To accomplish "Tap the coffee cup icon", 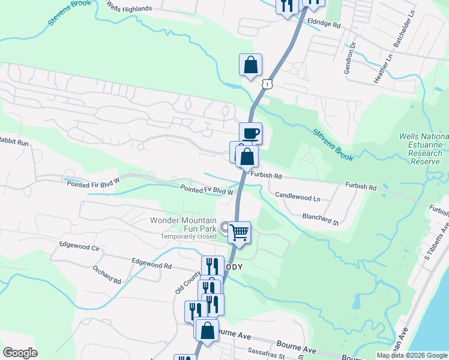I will tap(251, 133).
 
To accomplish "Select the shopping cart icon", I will tap(239, 232).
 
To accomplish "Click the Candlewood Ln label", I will tap(297, 197).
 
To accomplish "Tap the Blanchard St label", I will tap(321, 218).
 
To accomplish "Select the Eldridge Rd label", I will tap(324, 26).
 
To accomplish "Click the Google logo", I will tap(20, 352).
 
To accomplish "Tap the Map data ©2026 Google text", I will tap(412, 355).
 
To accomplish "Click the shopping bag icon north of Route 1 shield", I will tap(250, 65).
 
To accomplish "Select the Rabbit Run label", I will tap(14, 143).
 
